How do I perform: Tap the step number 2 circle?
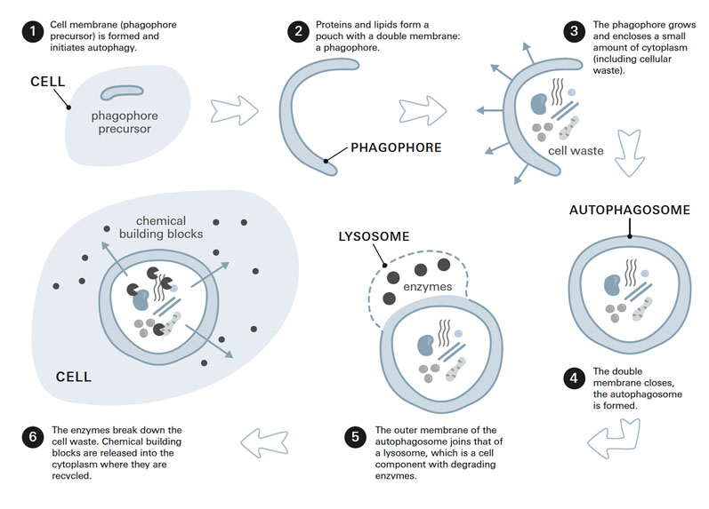point(299,32)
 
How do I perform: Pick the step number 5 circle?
point(356,437)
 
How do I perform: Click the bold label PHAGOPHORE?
point(396,148)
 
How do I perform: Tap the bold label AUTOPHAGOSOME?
point(629,211)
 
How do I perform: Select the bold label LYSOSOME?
point(373,237)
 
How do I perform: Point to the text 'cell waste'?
point(576,151)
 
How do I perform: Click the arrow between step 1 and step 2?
point(234,110)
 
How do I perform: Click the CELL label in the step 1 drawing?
point(48,81)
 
